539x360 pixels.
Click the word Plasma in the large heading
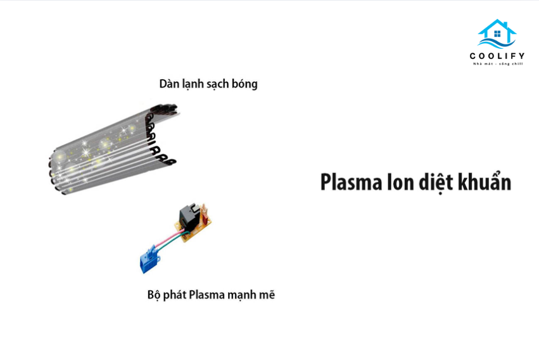pyautogui.click(x=351, y=182)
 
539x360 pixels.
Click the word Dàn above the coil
pyautogui.click(x=168, y=84)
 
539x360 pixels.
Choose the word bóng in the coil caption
pyautogui.click(x=244, y=84)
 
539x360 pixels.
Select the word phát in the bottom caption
pyautogui.click(x=174, y=295)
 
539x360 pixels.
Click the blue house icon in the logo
pyautogui.click(x=497, y=34)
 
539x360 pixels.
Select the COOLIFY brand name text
pyautogui.click(x=497, y=56)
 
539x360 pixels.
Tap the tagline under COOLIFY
pyautogui.click(x=498, y=63)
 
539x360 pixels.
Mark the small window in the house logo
pyautogui.click(x=497, y=34)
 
